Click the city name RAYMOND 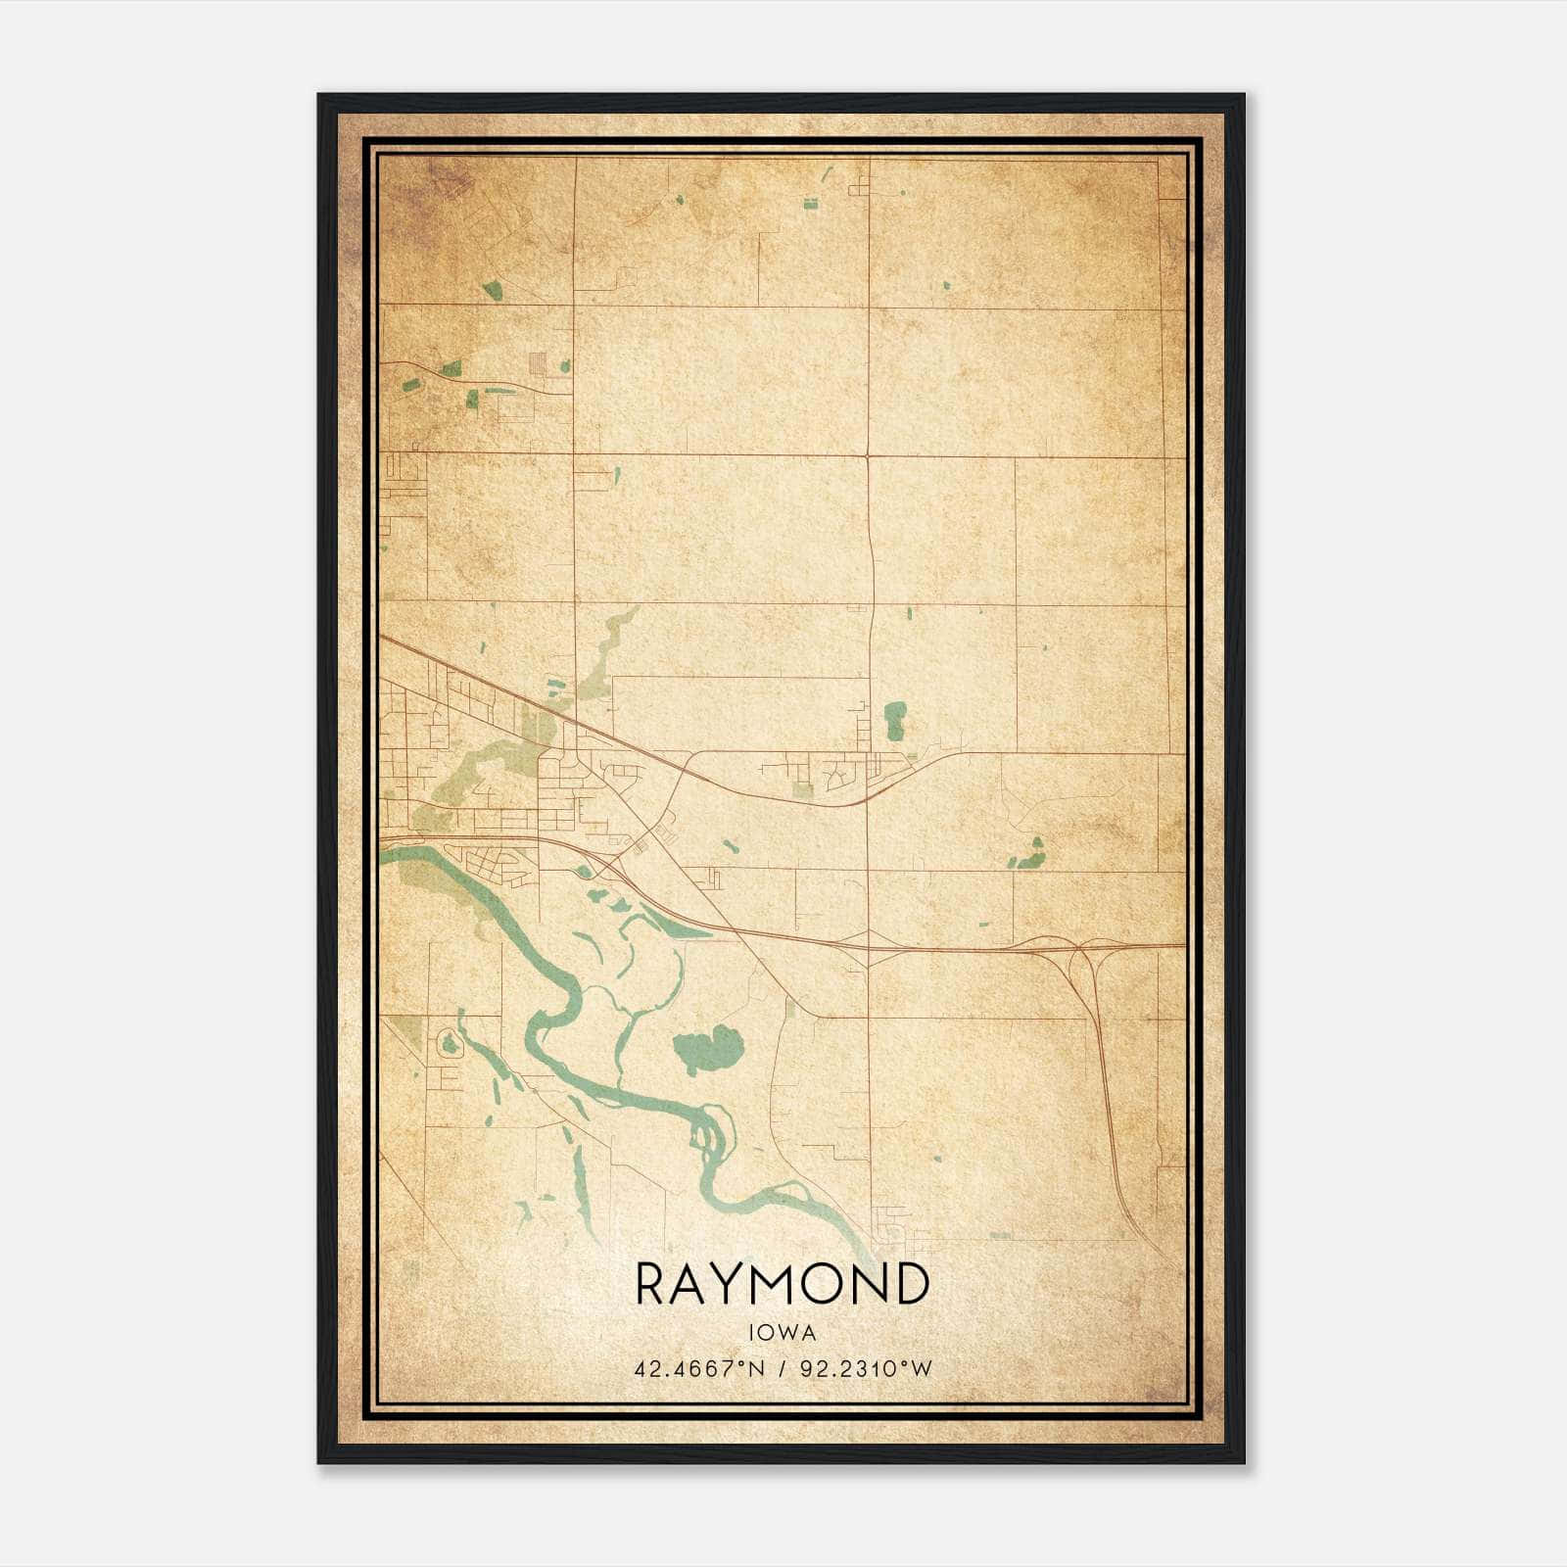tap(782, 1284)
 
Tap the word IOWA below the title tap(782, 1332)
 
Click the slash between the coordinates tap(781, 1369)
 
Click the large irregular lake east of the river tap(707, 1049)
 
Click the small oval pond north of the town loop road tap(894, 721)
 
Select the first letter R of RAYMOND tap(653, 1284)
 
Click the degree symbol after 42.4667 tap(739, 1364)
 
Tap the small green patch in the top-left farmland tap(492, 290)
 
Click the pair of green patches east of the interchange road tap(1030, 856)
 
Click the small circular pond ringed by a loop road tap(450, 1044)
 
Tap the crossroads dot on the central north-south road tap(869, 455)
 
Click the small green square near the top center tap(810, 204)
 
